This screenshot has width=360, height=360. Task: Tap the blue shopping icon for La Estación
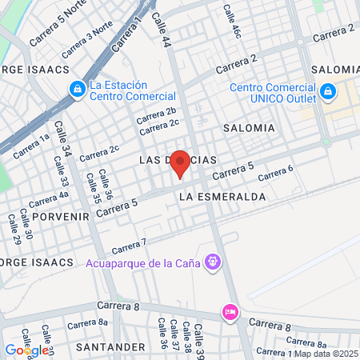[78, 90]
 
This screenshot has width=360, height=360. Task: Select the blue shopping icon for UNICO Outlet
[328, 93]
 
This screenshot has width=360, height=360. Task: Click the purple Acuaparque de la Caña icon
[213, 261]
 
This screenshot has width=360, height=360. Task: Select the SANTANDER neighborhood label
[111, 347]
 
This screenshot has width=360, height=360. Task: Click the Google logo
[26, 350]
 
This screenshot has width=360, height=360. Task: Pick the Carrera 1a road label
[33, 145]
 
